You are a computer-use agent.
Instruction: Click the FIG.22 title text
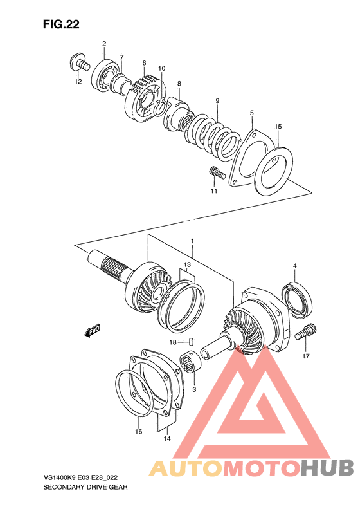pyautogui.click(x=62, y=24)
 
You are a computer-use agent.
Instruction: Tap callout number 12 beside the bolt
pyautogui.click(x=77, y=82)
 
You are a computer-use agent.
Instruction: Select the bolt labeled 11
pyautogui.click(x=215, y=172)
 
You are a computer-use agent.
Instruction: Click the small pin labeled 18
pyautogui.click(x=190, y=341)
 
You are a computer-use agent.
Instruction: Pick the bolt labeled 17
pyautogui.click(x=304, y=333)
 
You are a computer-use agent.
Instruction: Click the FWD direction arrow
pyautogui.click(x=92, y=330)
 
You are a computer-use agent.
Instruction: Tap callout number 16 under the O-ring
pyautogui.click(x=138, y=432)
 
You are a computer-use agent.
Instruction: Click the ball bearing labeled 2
pyautogui.click(x=106, y=73)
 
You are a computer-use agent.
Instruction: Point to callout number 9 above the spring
pyautogui.click(x=218, y=100)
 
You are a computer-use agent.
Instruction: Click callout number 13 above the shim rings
pyautogui.click(x=186, y=264)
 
